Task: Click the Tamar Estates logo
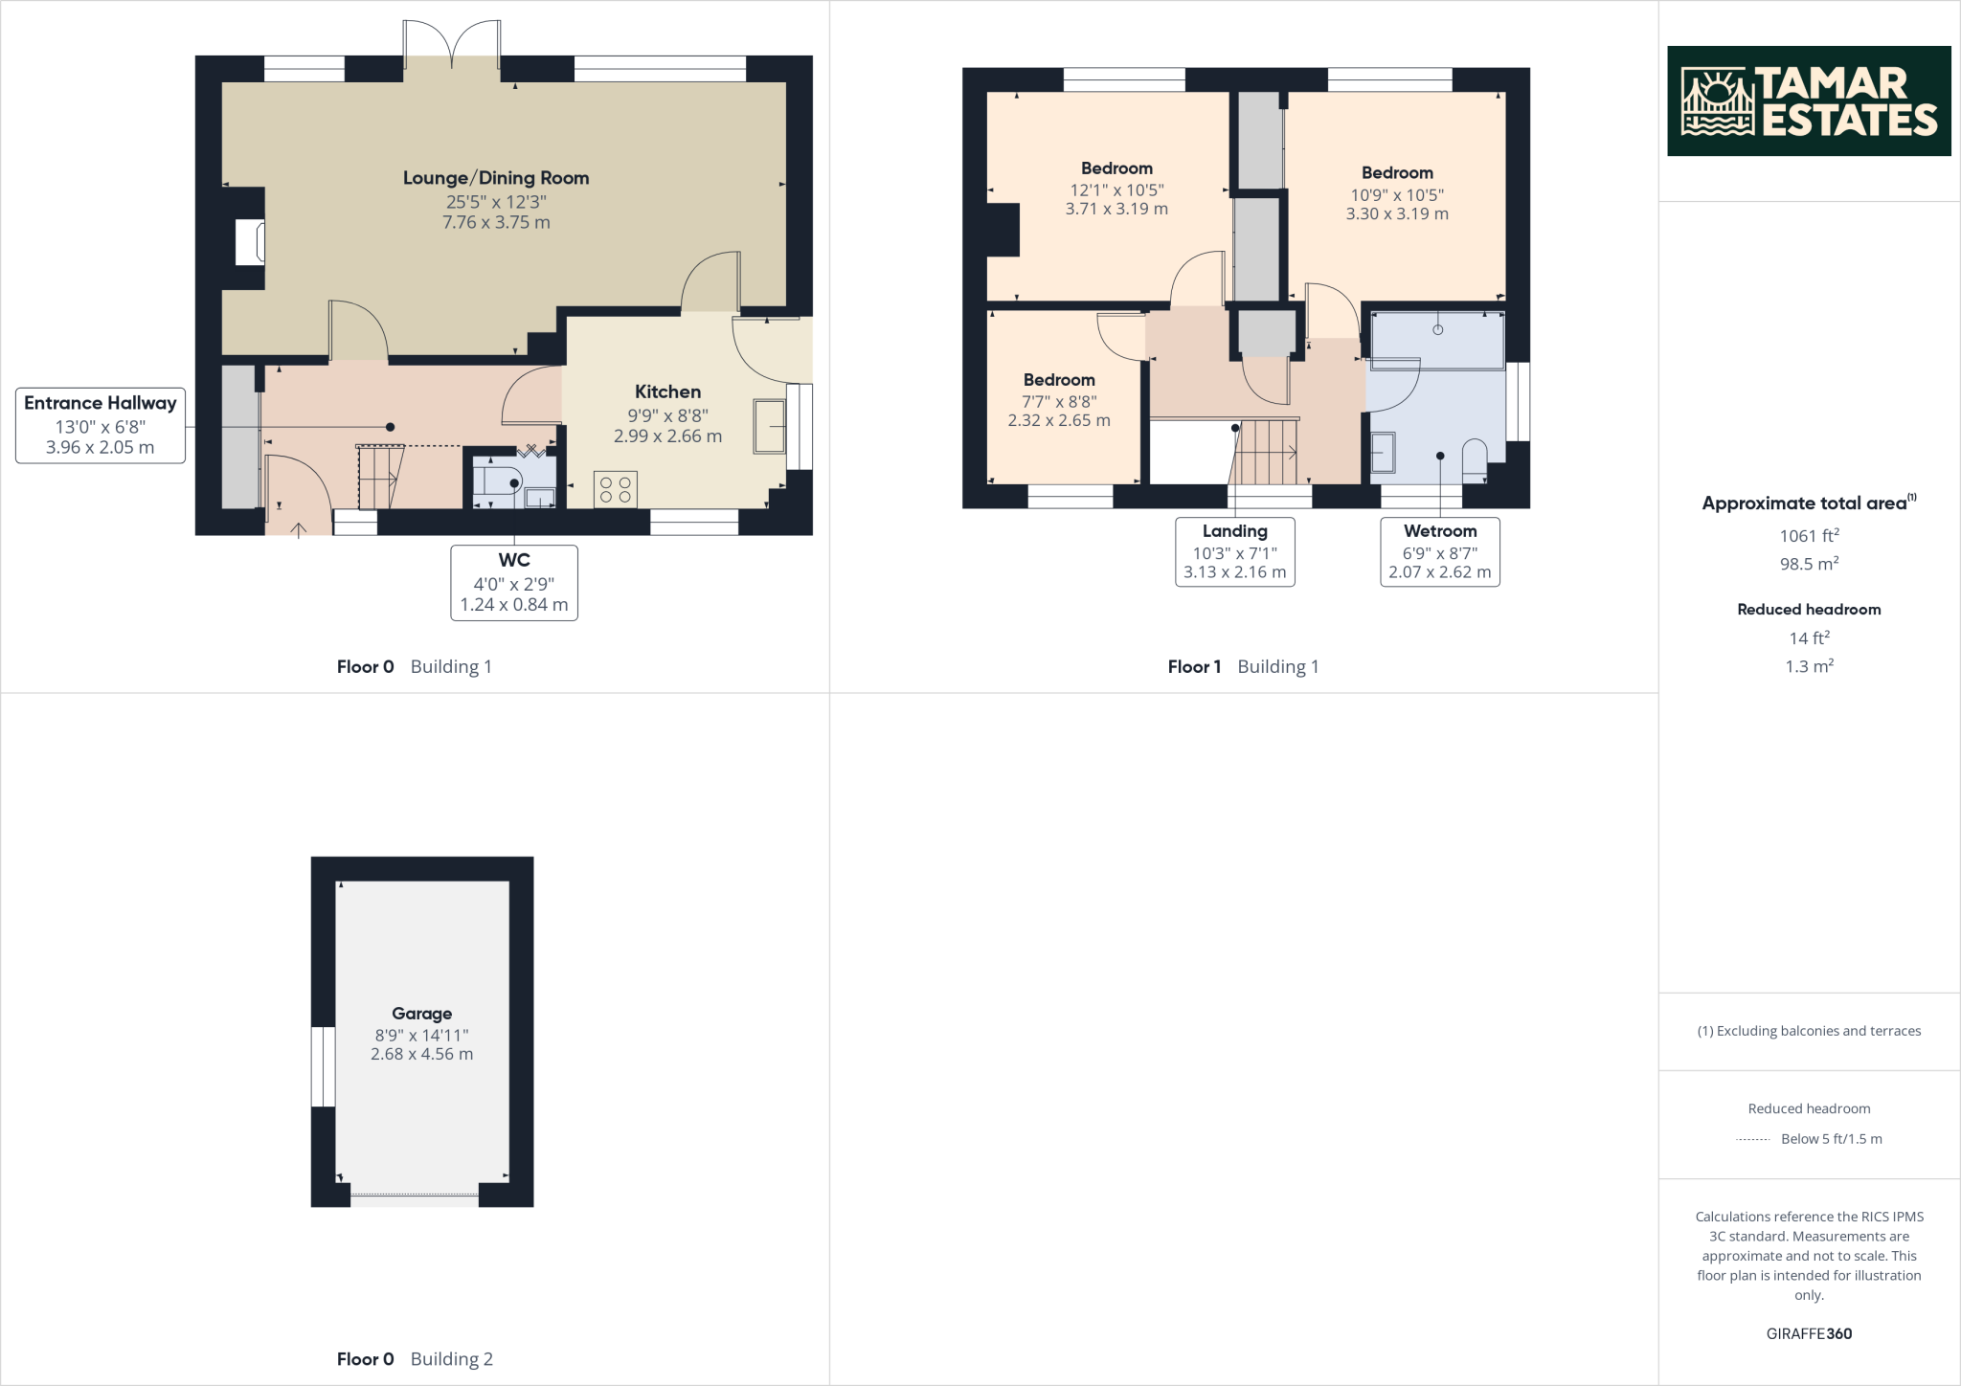point(1808,101)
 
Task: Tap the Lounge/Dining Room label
point(495,178)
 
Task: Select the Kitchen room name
point(667,391)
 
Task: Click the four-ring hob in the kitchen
point(615,489)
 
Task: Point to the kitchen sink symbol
point(770,426)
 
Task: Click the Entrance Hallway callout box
point(101,425)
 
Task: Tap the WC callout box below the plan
point(514,582)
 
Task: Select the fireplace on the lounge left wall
point(251,242)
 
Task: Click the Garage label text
point(421,1014)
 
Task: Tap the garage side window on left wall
point(324,1066)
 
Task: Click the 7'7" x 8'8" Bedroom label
point(1058,380)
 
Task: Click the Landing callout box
point(1234,551)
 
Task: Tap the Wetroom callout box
point(1439,551)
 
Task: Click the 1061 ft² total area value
point(1808,536)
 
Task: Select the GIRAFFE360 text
point(1808,1333)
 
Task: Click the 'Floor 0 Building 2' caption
point(415,1358)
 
